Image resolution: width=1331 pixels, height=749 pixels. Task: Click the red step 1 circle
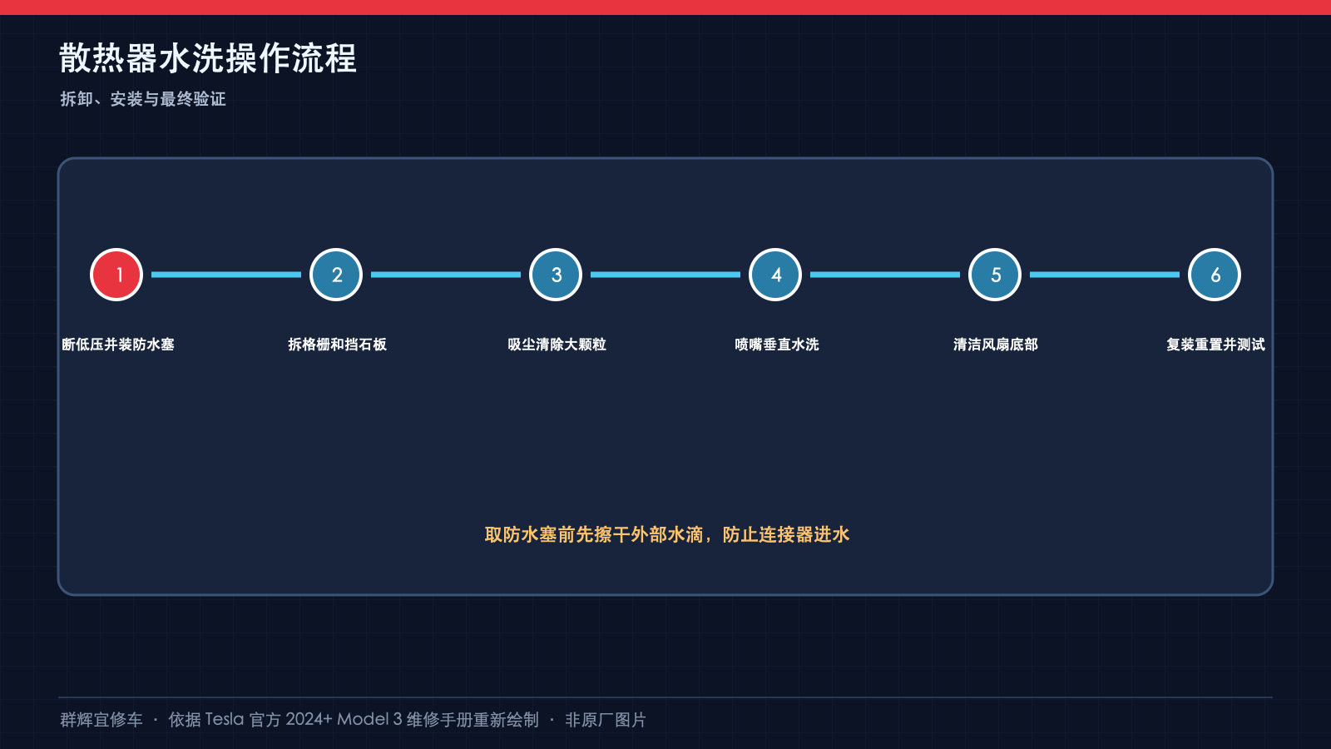click(116, 275)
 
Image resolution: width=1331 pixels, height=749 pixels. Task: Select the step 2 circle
click(336, 275)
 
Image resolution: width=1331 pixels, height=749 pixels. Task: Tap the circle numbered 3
click(556, 275)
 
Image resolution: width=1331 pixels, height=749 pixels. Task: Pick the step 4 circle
click(775, 275)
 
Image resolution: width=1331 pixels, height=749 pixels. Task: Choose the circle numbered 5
click(995, 275)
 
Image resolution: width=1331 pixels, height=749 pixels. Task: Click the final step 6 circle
click(1215, 275)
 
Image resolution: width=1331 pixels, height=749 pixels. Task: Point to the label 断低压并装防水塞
click(117, 345)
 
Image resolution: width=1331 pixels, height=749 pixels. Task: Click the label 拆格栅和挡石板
click(338, 345)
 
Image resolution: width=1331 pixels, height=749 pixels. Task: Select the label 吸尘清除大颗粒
click(557, 345)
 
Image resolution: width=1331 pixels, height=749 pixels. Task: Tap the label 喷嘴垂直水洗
click(777, 345)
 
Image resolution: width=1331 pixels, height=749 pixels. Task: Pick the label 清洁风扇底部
click(996, 345)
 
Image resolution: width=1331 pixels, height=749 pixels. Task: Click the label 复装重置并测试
click(1215, 345)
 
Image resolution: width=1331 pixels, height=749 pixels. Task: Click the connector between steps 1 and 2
click(226, 275)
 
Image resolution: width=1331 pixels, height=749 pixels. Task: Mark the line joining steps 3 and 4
click(665, 275)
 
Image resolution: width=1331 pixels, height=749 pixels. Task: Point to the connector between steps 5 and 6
click(1105, 275)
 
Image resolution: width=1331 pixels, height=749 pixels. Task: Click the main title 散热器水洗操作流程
click(208, 58)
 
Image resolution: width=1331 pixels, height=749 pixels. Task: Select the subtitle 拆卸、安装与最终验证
click(143, 99)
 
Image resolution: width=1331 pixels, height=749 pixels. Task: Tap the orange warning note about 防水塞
click(666, 535)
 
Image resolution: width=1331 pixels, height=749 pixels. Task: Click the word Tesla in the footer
click(225, 720)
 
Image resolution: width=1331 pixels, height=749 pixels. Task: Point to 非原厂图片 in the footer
click(606, 720)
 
